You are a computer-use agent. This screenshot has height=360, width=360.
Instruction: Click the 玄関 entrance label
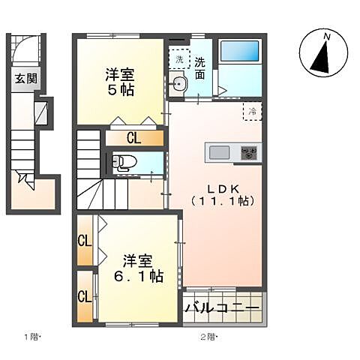point(25,77)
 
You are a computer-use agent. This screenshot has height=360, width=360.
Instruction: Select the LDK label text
point(223,187)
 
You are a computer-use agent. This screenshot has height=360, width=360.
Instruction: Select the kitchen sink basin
point(220,152)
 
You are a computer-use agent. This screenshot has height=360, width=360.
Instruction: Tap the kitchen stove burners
point(247,152)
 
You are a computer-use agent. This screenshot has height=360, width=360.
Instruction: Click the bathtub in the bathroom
point(240,55)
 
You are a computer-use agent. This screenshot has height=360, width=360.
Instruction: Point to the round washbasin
point(179,85)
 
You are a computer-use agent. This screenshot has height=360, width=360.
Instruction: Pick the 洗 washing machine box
point(180,58)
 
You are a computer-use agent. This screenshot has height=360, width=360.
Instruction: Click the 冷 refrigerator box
point(253,111)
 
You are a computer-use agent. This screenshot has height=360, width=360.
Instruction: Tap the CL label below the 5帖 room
point(133,138)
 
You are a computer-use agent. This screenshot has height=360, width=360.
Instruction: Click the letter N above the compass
point(326,36)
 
